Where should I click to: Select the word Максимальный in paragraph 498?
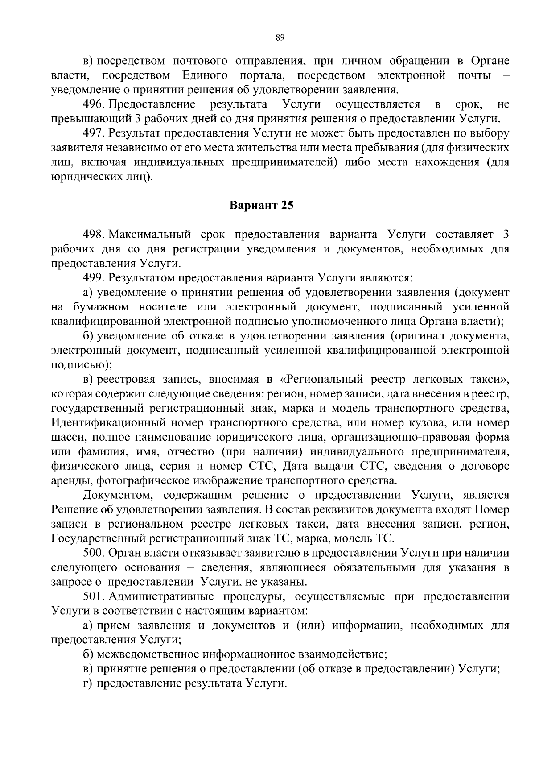point(150,235)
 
